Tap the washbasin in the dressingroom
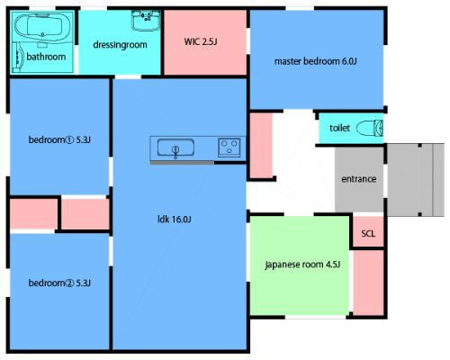click(x=146, y=21)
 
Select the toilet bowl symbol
click(x=370, y=128)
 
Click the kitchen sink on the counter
click(x=175, y=148)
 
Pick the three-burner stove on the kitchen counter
click(x=229, y=148)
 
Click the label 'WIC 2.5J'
click(x=201, y=41)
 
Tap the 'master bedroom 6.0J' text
click(x=316, y=61)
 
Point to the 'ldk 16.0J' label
click(x=175, y=220)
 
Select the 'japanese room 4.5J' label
click(x=302, y=265)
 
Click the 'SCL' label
click(x=368, y=233)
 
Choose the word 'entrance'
click(x=359, y=179)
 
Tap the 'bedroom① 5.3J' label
click(x=59, y=139)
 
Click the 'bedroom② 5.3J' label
click(x=59, y=283)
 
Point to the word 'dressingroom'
click(x=120, y=45)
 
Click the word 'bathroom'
click(x=46, y=57)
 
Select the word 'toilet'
click(x=339, y=128)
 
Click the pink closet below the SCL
click(x=368, y=283)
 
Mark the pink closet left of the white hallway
click(x=261, y=145)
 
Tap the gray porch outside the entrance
click(x=416, y=180)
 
